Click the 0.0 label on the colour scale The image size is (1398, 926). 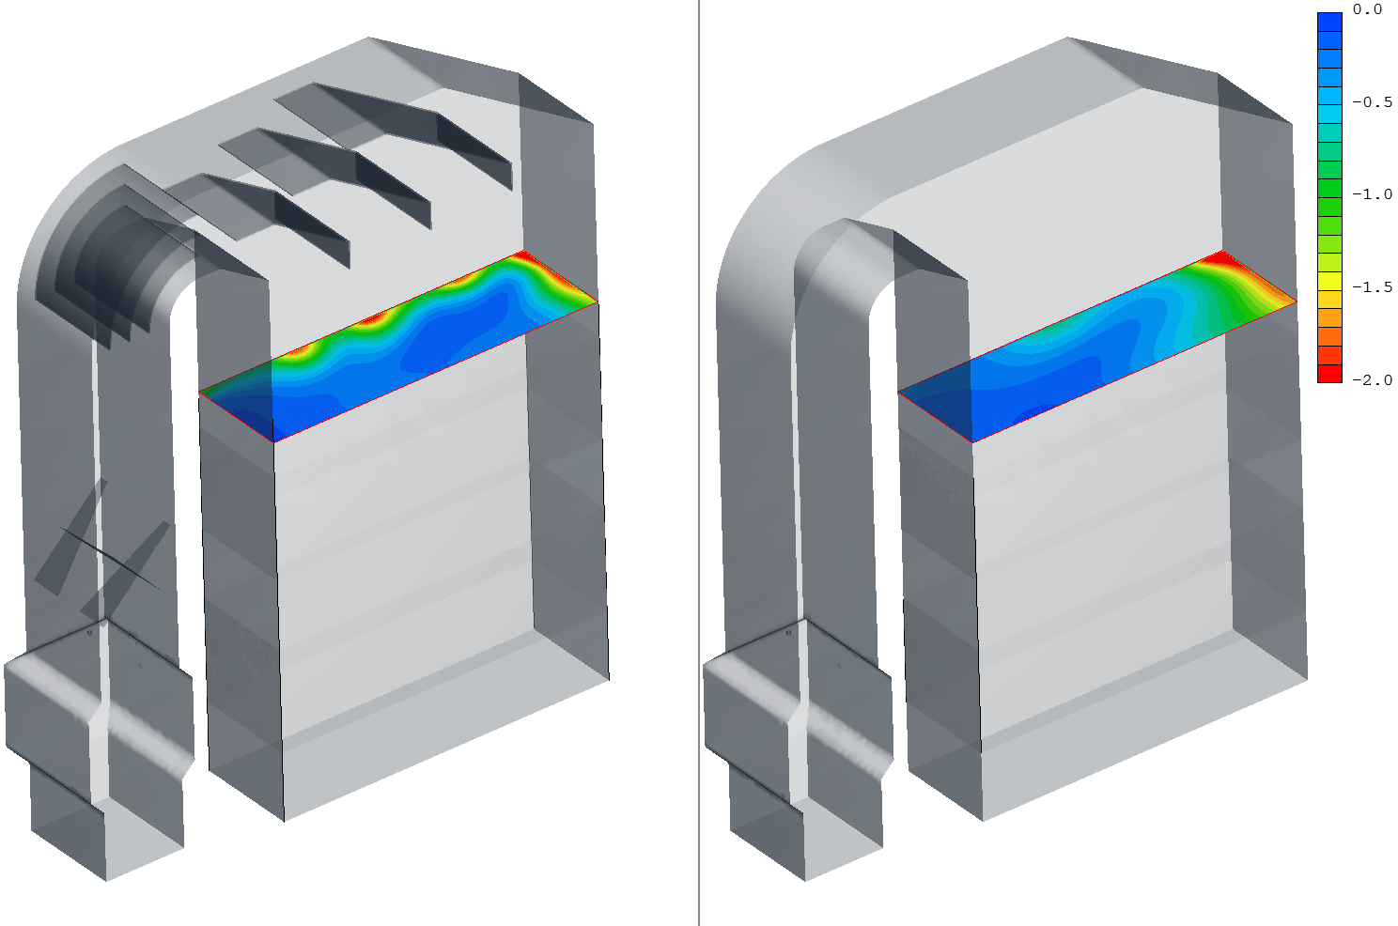1367,9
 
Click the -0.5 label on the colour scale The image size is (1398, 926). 1372,101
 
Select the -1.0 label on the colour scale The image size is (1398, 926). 1372,194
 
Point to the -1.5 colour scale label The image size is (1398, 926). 1372,287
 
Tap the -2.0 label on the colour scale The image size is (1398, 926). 1372,379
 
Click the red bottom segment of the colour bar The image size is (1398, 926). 1329,373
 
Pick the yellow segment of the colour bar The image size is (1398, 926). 1329,281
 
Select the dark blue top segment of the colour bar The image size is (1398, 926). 1329,22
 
